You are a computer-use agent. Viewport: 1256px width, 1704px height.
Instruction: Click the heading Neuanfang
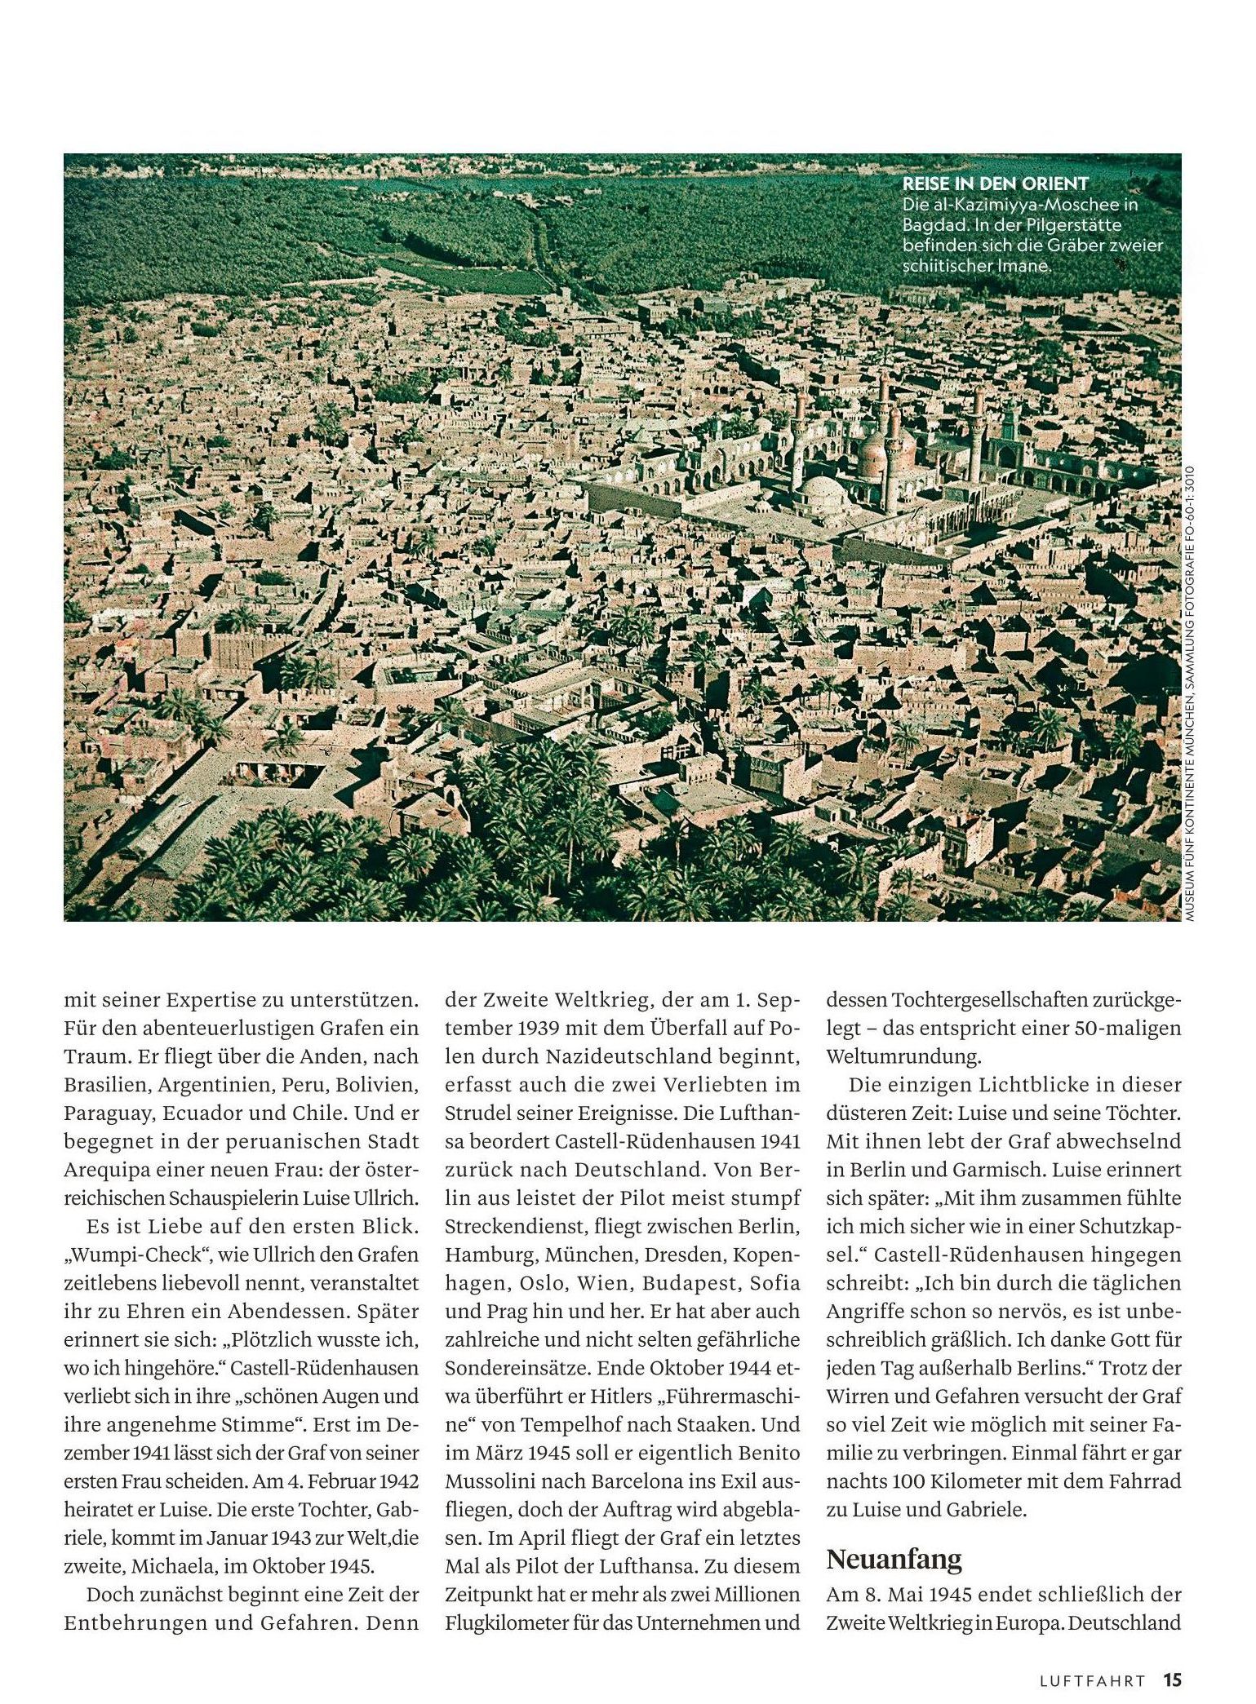tap(894, 1559)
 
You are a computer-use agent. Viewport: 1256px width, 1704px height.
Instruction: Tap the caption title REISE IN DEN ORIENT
tap(995, 184)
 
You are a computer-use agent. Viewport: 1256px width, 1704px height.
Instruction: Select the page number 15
tap(1172, 1680)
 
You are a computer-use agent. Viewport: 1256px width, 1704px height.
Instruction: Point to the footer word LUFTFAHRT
tap(1092, 1680)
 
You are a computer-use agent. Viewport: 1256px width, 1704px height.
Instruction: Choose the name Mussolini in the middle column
tap(495, 1481)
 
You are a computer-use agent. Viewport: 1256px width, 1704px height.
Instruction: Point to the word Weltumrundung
tap(903, 1056)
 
